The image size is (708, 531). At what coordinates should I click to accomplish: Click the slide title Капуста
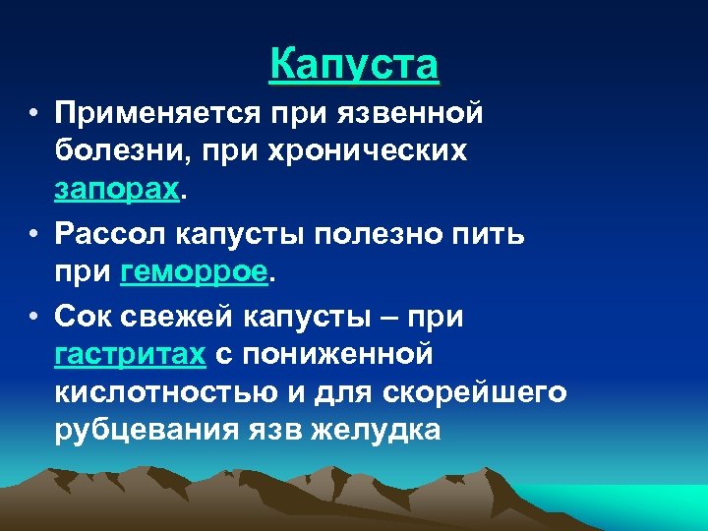click(x=354, y=65)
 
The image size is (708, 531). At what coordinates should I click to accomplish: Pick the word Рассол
click(x=111, y=234)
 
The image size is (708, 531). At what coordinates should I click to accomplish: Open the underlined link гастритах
click(x=130, y=355)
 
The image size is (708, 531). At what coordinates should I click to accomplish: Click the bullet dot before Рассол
click(x=34, y=236)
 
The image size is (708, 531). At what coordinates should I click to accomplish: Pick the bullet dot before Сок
click(x=34, y=317)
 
